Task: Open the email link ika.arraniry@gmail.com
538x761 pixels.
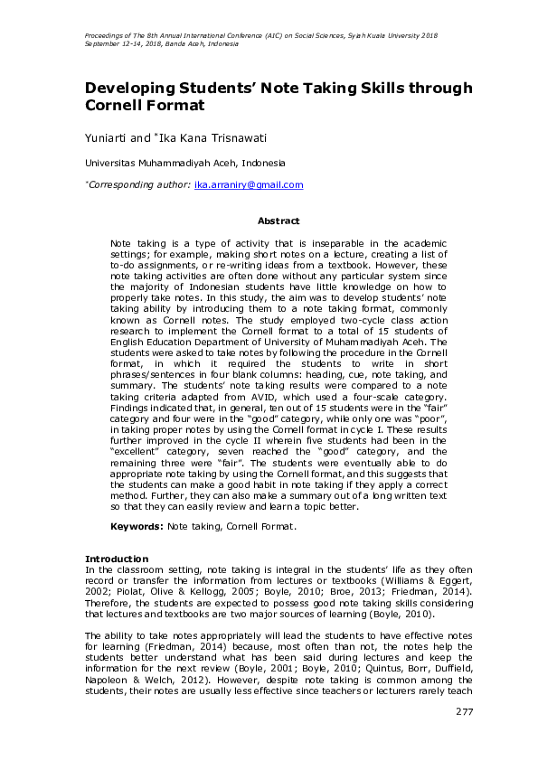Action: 249,184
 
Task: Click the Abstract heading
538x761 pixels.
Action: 276,220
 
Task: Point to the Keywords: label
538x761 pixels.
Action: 137,526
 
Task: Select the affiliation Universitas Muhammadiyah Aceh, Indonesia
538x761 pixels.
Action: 184,163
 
